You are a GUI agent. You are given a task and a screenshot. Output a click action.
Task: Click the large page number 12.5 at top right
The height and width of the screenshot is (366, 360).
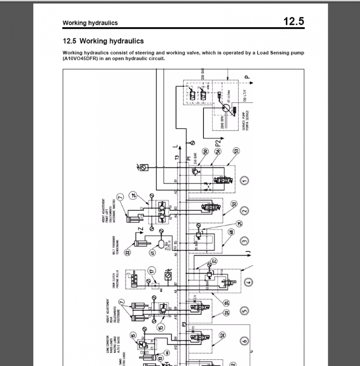coord(294,22)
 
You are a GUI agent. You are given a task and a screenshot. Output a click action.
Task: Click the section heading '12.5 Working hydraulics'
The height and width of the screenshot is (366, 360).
coord(103,41)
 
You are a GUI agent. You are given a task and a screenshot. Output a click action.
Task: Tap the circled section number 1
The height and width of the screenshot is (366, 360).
coord(244,180)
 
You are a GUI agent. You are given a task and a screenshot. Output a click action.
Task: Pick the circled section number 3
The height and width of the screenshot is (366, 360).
coord(244,242)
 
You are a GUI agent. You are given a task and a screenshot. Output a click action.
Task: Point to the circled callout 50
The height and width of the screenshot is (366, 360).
coord(205,152)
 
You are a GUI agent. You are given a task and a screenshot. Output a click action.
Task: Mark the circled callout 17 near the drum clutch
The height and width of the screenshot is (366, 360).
coord(151,271)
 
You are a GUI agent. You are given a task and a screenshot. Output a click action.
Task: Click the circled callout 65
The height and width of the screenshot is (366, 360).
coord(226,304)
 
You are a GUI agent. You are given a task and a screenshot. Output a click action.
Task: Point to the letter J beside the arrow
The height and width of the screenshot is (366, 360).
coord(249,254)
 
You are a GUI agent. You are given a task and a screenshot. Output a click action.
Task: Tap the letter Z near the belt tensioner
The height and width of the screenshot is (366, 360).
coord(139,230)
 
